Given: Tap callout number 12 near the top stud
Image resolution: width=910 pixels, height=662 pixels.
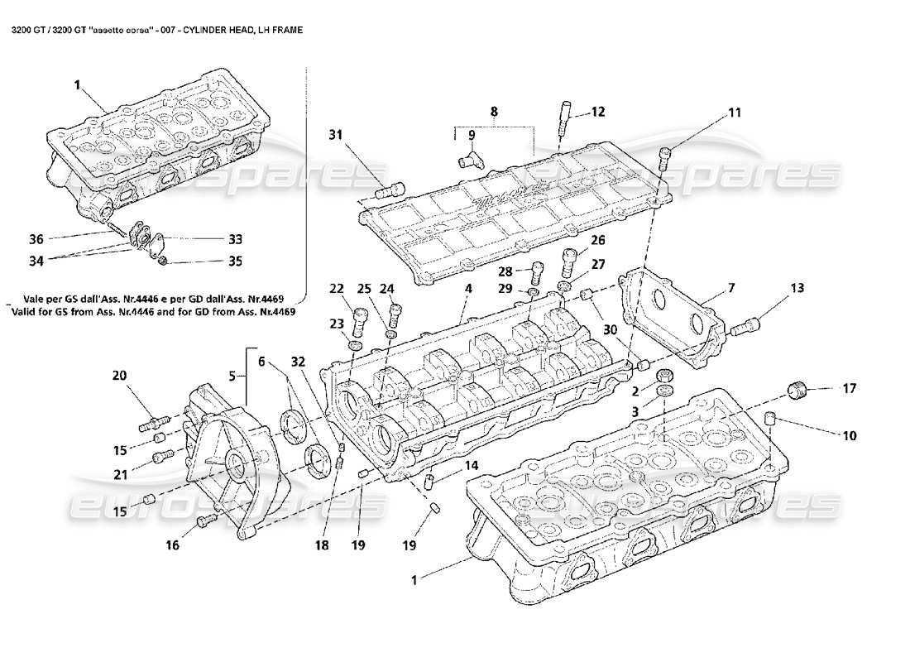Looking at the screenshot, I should pyautogui.click(x=597, y=112).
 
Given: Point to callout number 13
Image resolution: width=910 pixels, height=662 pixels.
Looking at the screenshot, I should pyautogui.click(x=796, y=289).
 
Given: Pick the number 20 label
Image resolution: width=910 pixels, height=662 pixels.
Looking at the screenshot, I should pyautogui.click(x=120, y=375).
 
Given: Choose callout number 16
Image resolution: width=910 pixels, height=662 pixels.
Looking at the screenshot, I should pyautogui.click(x=172, y=545).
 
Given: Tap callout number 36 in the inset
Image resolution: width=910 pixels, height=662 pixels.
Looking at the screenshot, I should pyautogui.click(x=36, y=240).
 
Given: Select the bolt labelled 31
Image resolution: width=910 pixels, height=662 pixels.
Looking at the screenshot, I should pyautogui.click(x=389, y=192).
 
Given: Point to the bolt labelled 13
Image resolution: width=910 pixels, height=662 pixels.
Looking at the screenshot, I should pyautogui.click(x=743, y=329).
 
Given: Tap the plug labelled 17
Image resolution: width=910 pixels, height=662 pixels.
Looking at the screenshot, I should pyautogui.click(x=796, y=390).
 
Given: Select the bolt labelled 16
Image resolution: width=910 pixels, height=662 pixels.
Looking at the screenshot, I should pyautogui.click(x=205, y=520).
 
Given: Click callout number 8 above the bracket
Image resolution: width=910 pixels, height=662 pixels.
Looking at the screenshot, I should pyautogui.click(x=494, y=110).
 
